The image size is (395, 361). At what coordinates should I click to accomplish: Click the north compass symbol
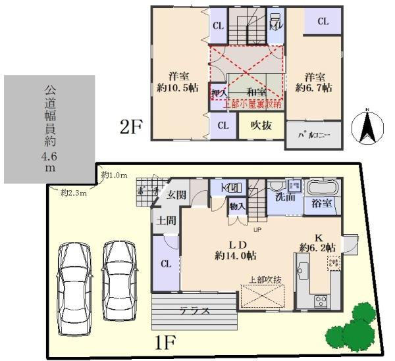click(x=367, y=126)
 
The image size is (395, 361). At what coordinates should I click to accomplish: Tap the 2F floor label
click(x=131, y=127)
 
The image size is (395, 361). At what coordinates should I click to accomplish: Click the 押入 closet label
click(x=219, y=93)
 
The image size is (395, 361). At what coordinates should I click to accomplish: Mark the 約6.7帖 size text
click(x=314, y=87)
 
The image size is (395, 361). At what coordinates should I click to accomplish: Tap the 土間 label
click(x=167, y=221)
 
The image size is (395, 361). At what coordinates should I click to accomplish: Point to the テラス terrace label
click(x=196, y=311)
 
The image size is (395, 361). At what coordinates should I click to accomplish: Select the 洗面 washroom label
click(x=286, y=196)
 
